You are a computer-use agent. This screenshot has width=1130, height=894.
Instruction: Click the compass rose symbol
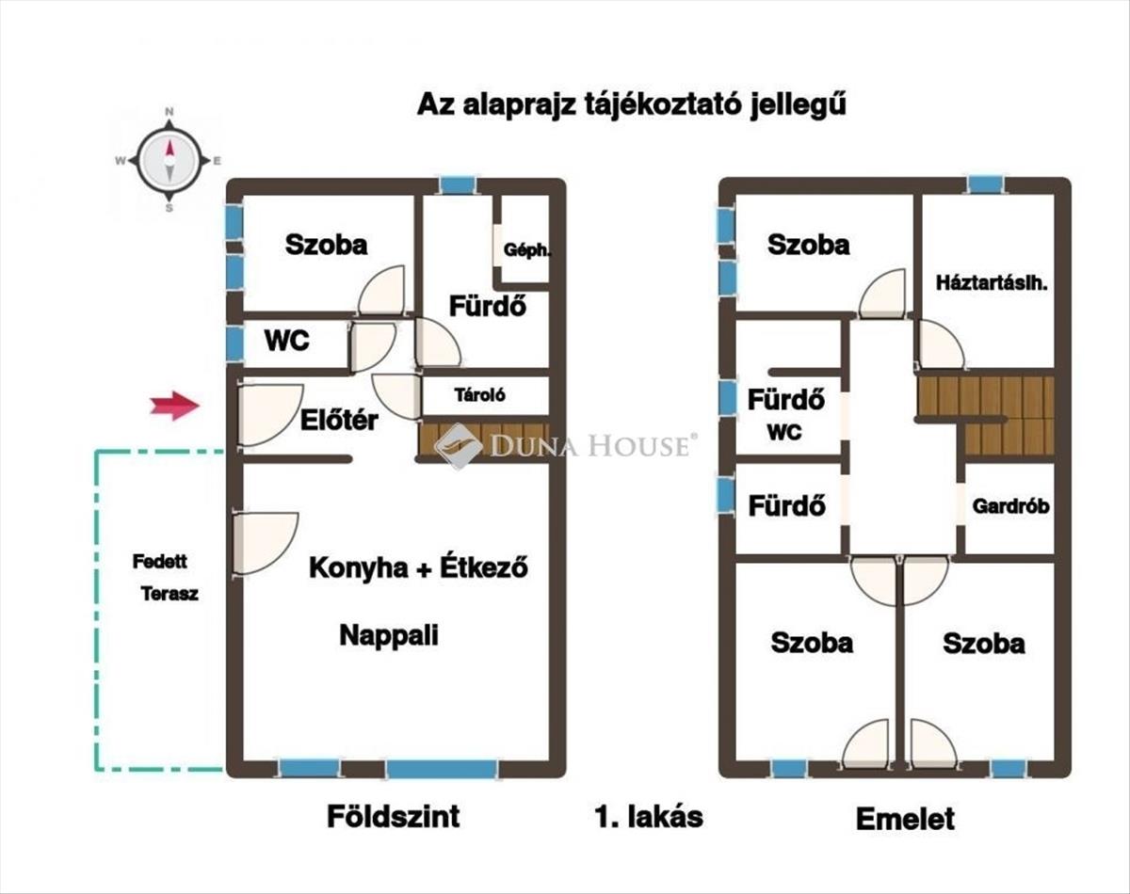tap(169, 160)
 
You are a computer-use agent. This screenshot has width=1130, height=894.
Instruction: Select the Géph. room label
tap(527, 250)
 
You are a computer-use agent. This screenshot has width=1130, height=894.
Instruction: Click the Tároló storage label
tap(480, 394)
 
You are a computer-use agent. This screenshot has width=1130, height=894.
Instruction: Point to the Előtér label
tap(339, 420)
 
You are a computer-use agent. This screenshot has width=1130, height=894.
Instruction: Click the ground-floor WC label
tap(287, 341)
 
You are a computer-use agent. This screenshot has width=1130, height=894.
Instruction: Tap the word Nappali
tap(389, 635)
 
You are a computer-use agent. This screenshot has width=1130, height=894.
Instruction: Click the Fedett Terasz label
tap(166, 578)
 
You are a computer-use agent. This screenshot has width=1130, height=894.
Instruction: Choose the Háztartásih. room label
tap(992, 284)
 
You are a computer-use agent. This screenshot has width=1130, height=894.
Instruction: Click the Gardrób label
tap(1010, 506)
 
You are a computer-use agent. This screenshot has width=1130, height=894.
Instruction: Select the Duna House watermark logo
tap(566, 446)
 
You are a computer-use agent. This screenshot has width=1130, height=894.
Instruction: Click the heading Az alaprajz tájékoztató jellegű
tap(632, 105)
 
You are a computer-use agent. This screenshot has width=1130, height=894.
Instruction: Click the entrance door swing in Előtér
tap(269, 416)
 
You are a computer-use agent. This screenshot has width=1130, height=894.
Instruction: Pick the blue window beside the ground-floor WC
tap(234, 343)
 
